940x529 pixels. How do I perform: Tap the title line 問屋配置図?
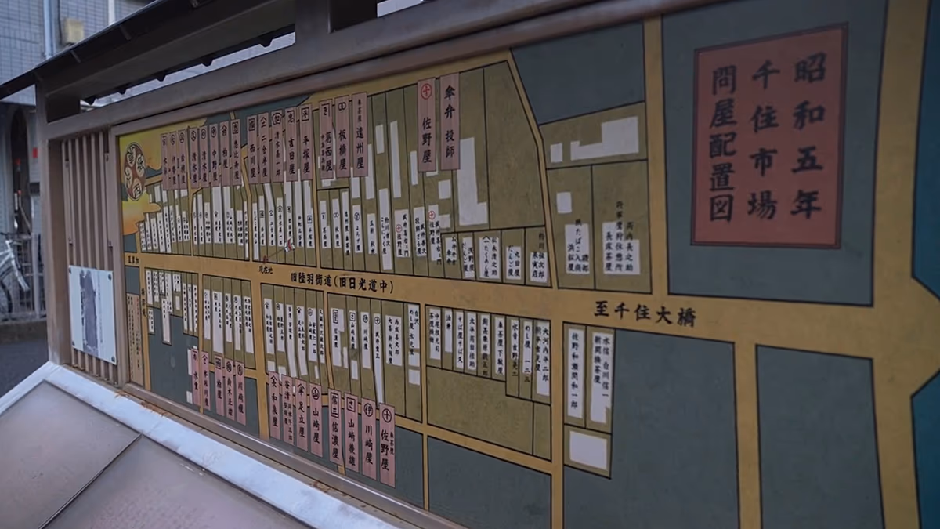point(722,143)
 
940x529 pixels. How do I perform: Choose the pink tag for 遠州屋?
point(359,135)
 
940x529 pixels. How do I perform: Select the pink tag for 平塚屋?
point(305,143)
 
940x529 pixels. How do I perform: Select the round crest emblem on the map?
point(135,171)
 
